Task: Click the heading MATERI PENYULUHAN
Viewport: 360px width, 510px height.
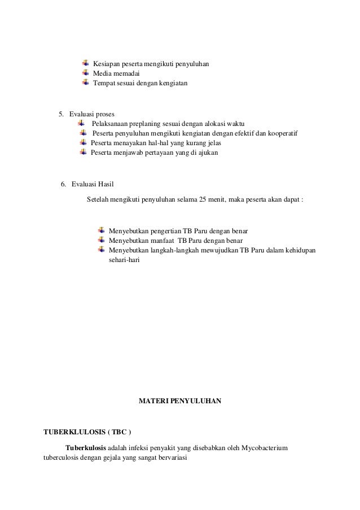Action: pos(180,402)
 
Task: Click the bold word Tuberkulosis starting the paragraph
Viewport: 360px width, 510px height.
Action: pos(85,448)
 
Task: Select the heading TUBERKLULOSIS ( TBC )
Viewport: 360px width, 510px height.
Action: pos(87,433)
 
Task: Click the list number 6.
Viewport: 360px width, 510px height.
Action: pos(63,184)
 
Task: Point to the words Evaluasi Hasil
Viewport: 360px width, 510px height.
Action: pos(93,184)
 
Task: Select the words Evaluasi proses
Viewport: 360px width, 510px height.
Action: pos(91,114)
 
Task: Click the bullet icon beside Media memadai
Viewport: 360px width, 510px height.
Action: pos(86,73)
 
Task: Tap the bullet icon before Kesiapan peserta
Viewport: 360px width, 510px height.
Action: pos(86,63)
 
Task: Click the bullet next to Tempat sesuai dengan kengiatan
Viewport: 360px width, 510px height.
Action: pos(86,83)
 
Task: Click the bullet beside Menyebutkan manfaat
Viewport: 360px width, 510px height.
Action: pos(102,240)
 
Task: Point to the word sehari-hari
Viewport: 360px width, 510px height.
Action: pos(122,261)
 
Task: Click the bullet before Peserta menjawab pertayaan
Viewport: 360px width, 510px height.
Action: pos(84,152)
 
